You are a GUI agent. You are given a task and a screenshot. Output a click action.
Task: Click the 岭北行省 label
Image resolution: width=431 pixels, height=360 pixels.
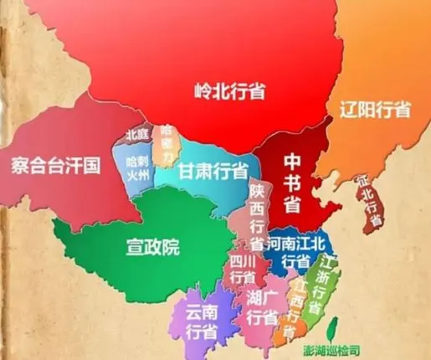(x=228, y=91)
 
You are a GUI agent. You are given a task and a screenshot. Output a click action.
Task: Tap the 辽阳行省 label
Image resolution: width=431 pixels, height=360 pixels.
(x=375, y=110)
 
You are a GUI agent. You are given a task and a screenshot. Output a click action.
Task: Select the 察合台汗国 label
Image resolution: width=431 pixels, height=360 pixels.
(x=55, y=165)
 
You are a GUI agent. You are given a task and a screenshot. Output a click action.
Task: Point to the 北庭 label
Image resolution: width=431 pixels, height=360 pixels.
(x=138, y=135)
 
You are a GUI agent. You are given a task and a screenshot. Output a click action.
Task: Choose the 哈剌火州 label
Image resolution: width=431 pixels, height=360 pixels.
(x=138, y=167)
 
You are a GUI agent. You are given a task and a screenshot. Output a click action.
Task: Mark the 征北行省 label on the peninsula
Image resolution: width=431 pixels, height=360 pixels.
(x=368, y=201)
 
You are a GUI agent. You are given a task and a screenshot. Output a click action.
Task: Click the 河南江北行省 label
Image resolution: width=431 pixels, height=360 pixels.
(x=298, y=252)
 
